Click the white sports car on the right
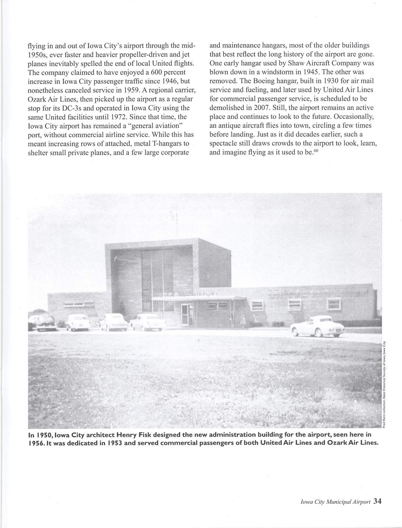coord(318,326)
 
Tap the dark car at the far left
coord(42,321)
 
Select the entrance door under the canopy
coord(185,314)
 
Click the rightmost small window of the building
coord(334,304)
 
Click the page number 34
coord(377,501)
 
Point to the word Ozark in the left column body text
coord(38,99)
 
